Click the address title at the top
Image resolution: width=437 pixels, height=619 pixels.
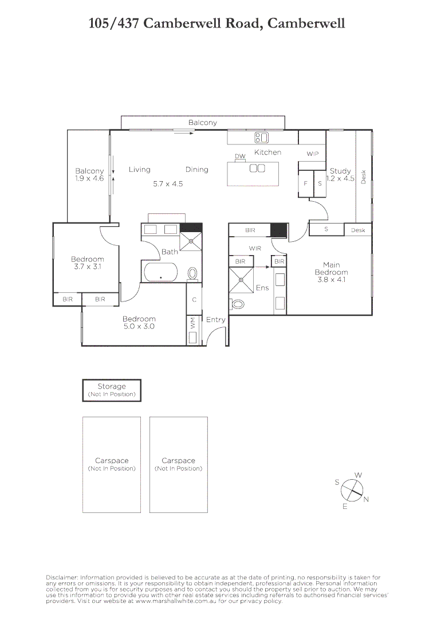(x=217, y=23)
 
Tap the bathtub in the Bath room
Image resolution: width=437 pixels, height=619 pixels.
(x=161, y=272)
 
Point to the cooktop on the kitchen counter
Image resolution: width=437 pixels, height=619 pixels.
(x=261, y=138)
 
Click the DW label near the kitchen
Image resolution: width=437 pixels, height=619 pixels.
(x=240, y=156)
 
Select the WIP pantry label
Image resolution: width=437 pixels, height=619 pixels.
(x=312, y=154)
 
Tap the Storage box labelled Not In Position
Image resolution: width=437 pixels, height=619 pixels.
(x=112, y=390)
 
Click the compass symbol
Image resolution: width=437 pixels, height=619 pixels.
(x=352, y=491)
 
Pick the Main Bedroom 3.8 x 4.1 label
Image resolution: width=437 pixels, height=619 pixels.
(x=331, y=272)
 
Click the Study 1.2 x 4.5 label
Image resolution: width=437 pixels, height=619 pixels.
(x=340, y=175)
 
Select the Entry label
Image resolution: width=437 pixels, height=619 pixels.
(x=216, y=320)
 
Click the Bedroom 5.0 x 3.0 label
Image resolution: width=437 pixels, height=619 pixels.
(x=139, y=323)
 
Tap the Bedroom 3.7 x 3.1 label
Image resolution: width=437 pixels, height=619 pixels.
(x=88, y=263)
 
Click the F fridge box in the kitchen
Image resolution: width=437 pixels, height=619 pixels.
(x=305, y=184)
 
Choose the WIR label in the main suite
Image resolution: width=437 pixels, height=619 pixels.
(x=255, y=249)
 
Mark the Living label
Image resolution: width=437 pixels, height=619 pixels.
(x=139, y=170)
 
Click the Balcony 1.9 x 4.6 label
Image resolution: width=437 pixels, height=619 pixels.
(x=89, y=175)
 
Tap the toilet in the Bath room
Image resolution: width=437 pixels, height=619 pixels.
(x=192, y=273)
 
